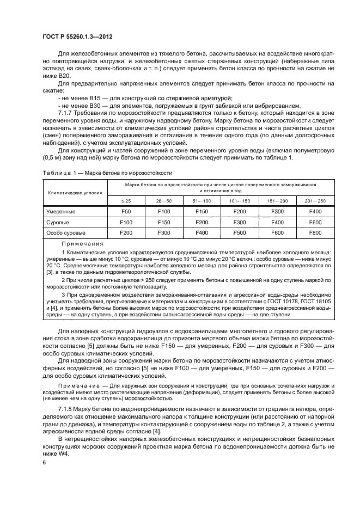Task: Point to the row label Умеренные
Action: [x=60, y=211]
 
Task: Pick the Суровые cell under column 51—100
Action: [x=202, y=222]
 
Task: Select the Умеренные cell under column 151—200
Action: [x=277, y=211]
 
